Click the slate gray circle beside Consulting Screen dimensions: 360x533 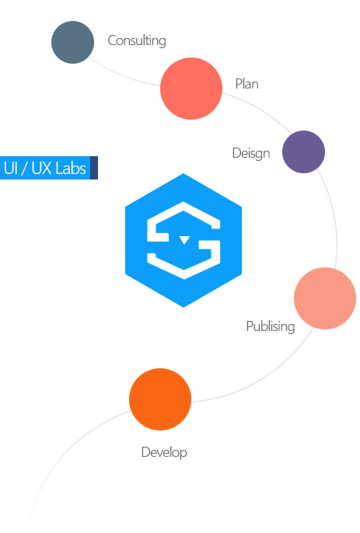pos(72,42)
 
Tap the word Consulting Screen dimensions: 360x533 pos(137,40)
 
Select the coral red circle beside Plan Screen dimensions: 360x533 pos(191,89)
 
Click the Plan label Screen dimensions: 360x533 pos(246,84)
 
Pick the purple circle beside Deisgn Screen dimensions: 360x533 pos(303,152)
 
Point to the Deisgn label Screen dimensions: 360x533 pos(251,153)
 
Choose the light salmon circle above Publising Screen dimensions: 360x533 pos(325,298)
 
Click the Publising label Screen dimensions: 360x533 pos(271,326)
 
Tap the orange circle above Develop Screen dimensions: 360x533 pos(160,399)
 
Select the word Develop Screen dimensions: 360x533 pos(164,452)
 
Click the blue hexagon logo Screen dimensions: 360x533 pos(183,240)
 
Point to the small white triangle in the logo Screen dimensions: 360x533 pos(184,239)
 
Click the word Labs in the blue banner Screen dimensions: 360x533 pos(71,168)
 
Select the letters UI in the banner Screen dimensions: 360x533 pos(11,168)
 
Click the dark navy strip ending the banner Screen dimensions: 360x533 pos(94,168)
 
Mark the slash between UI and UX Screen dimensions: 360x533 pos(25,169)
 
